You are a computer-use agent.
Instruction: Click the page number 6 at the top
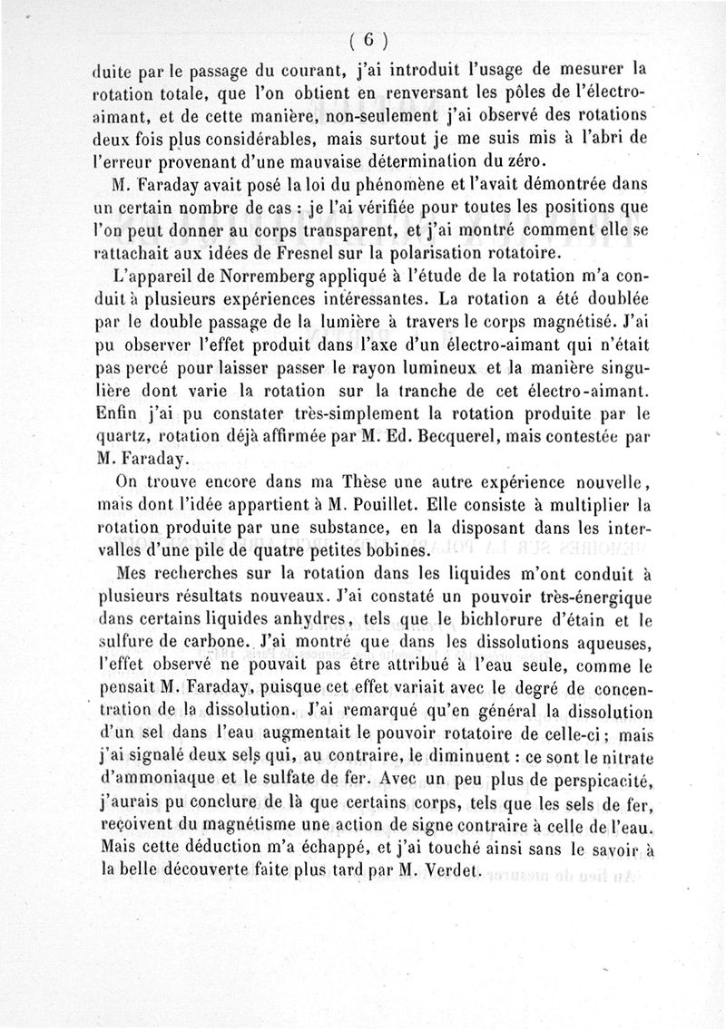(368, 39)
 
